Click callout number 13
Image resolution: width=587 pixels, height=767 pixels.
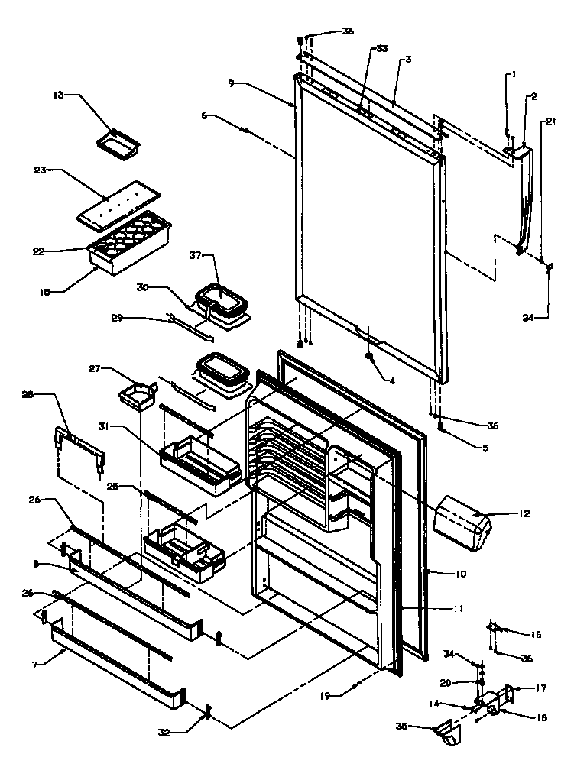coord(58,95)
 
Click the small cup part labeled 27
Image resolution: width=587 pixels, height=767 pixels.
coord(135,395)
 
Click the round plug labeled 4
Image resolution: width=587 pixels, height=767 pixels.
coord(369,357)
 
